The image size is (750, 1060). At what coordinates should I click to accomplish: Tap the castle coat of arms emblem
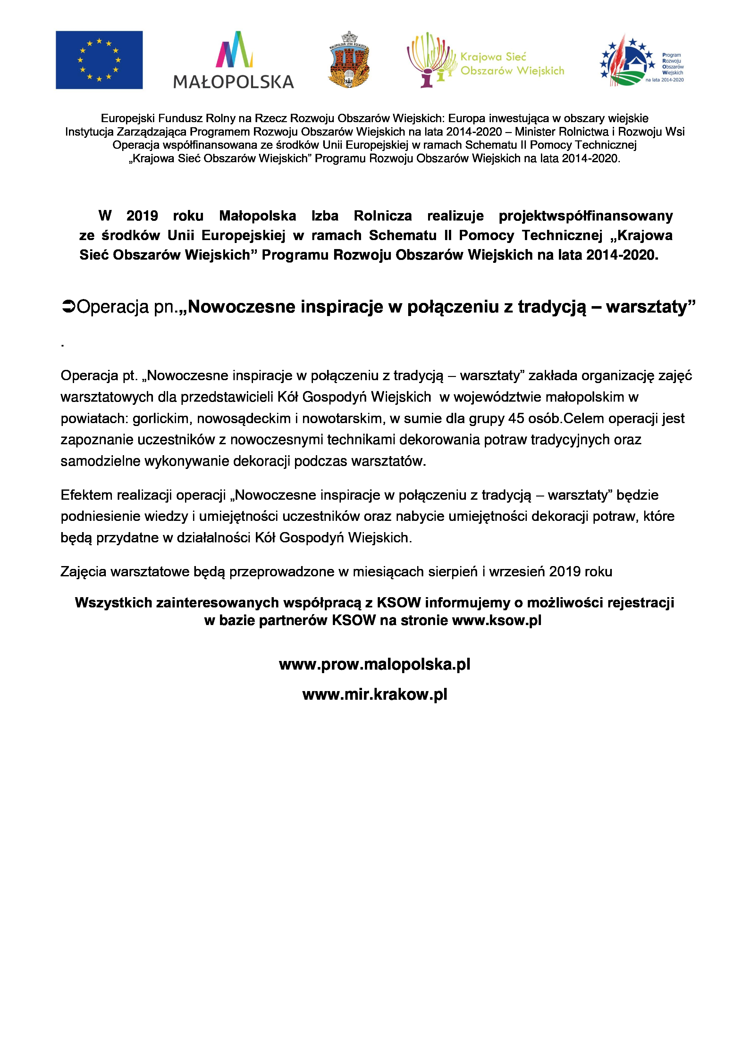[x=349, y=60]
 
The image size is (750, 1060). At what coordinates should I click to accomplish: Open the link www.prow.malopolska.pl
[x=375, y=664]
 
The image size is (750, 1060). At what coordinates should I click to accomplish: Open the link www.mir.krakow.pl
[x=375, y=694]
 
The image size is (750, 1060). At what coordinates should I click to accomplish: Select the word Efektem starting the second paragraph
[x=86, y=495]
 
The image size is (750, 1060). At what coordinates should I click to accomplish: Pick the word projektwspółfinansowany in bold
[x=586, y=216]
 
